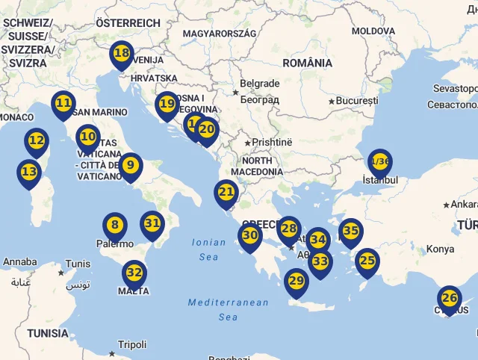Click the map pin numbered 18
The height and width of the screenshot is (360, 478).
coord(121,54)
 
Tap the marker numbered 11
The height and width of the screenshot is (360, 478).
coord(63,103)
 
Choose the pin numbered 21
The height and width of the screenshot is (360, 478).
coord(226,192)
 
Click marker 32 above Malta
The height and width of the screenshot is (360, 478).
coord(134,273)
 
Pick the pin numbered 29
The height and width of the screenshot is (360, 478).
coord(297,282)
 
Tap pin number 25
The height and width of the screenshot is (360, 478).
coord(367,261)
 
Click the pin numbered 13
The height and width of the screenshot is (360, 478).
coord(29,172)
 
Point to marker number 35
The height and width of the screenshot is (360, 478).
coord(350,231)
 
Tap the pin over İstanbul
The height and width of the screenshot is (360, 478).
coord(379,161)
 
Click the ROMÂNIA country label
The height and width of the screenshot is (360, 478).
coord(308,63)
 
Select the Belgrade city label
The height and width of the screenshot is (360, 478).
coord(260,84)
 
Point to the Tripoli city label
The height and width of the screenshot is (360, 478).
coord(132,344)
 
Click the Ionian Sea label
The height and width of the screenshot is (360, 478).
coord(208,249)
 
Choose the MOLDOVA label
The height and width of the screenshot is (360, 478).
coord(373,31)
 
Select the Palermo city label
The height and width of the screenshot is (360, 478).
coord(115,243)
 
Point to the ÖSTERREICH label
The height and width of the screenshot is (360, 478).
coord(128,23)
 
